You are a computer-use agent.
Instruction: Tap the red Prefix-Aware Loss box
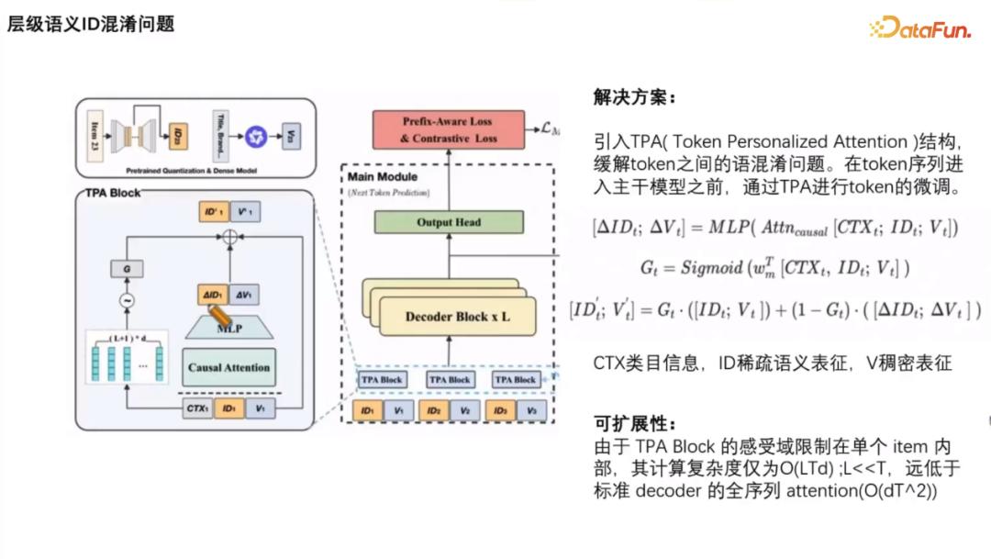click(x=448, y=129)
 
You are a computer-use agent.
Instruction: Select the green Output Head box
click(x=448, y=222)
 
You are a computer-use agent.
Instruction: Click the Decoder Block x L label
click(x=457, y=317)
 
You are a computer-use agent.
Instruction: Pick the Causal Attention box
click(x=228, y=367)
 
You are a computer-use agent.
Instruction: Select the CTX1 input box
click(x=196, y=408)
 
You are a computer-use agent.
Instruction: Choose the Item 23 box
click(x=96, y=137)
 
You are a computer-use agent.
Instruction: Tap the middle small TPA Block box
click(x=450, y=379)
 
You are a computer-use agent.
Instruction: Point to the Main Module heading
click(x=382, y=176)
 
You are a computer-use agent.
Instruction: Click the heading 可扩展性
click(x=634, y=423)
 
